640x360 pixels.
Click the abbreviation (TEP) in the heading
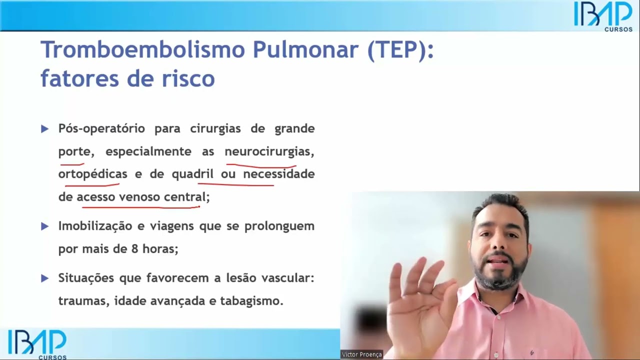click(400, 50)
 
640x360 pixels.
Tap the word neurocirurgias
click(268, 151)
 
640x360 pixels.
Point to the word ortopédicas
click(92, 174)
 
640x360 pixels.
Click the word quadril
click(192, 174)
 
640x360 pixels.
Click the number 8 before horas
click(135, 248)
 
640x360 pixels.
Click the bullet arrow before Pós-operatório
click(44, 129)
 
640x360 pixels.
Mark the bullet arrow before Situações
click(44, 278)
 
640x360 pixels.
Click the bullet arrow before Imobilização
click(44, 226)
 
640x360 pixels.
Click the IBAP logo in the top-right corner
click(602, 15)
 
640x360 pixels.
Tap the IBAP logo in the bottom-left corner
click(37, 344)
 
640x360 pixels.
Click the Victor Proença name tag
click(361, 354)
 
